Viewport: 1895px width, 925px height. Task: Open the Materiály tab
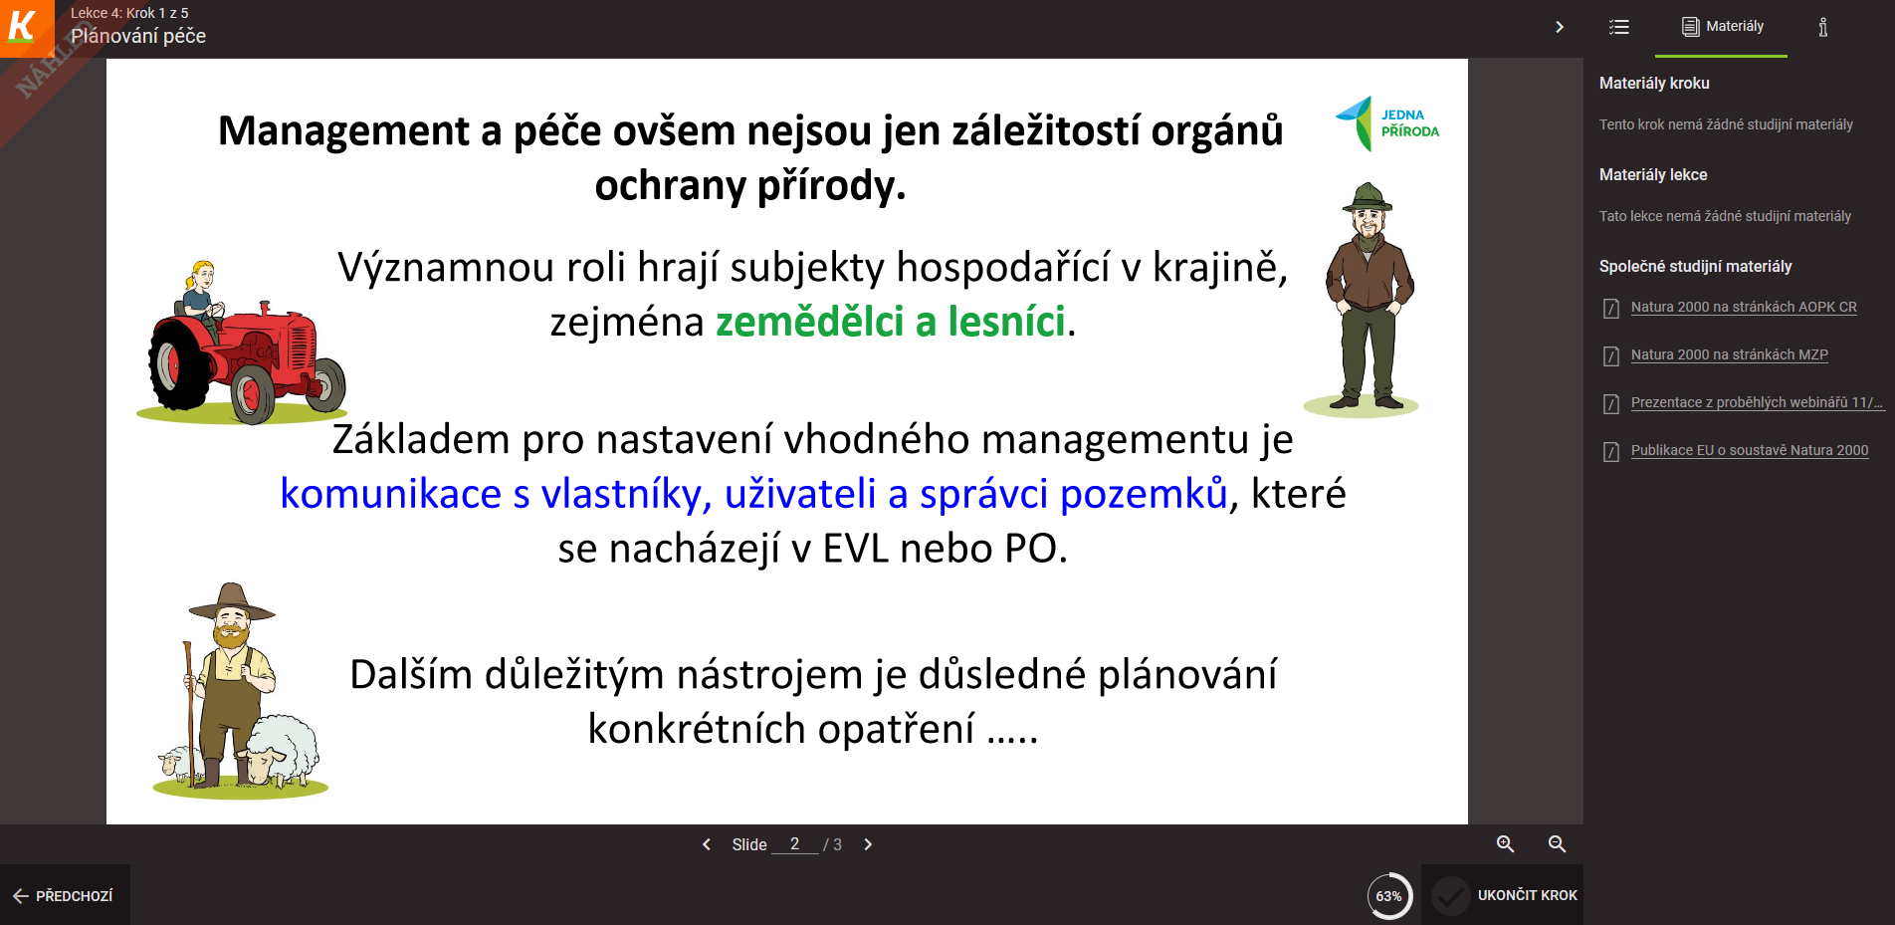pyautogui.click(x=1722, y=27)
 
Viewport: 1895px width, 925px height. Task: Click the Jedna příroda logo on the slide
pyautogui.click(x=1387, y=123)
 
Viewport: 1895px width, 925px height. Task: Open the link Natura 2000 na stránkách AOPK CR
pyautogui.click(x=1744, y=307)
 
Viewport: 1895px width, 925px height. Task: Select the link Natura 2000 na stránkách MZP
pyautogui.click(x=1729, y=354)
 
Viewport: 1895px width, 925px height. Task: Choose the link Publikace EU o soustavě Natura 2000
pyautogui.click(x=1750, y=450)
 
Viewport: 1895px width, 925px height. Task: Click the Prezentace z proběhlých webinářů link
pyautogui.click(x=1757, y=402)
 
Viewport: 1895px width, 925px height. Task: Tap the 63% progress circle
pyautogui.click(x=1388, y=896)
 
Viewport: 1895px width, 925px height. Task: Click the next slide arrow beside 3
pyautogui.click(x=868, y=844)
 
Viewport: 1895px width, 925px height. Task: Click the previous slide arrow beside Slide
pyautogui.click(x=707, y=844)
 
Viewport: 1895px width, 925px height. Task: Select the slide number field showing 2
pyautogui.click(x=794, y=844)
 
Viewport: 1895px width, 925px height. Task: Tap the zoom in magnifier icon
pyautogui.click(x=1505, y=844)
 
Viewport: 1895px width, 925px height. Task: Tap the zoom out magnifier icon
pyautogui.click(x=1557, y=844)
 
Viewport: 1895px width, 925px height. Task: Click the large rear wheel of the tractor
pyautogui.click(x=179, y=364)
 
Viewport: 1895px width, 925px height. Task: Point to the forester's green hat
pyautogui.click(x=1368, y=197)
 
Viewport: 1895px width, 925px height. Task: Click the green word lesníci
pyautogui.click(x=1006, y=322)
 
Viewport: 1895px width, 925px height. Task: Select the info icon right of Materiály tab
pyautogui.click(x=1822, y=27)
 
